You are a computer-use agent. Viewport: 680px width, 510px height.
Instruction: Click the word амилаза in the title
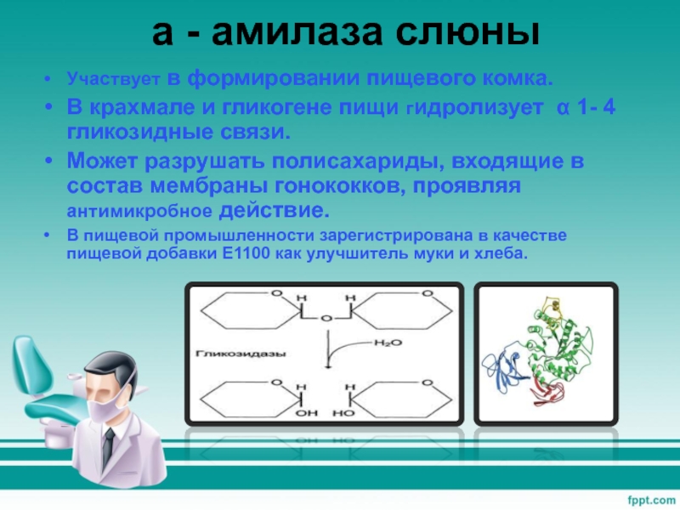[x=297, y=32]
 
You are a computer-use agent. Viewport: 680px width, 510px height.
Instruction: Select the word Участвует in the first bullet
[x=114, y=79]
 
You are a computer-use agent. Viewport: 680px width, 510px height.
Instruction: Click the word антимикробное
[x=139, y=211]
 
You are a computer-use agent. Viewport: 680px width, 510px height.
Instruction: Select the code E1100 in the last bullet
[x=246, y=253]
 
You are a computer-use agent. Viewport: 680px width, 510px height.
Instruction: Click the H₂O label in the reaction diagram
[x=388, y=343]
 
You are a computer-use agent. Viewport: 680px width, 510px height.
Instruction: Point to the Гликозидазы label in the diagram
[x=241, y=354]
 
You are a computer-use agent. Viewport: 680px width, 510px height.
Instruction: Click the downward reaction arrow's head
[x=328, y=365]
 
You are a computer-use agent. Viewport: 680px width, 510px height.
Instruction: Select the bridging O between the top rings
[x=326, y=320]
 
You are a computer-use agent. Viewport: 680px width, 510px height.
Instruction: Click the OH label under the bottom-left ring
[x=306, y=413]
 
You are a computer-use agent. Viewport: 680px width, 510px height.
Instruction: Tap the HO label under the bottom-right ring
[x=343, y=413]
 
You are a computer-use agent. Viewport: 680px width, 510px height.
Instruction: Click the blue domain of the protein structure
[x=503, y=367]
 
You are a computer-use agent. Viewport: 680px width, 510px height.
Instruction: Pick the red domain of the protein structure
[x=547, y=390]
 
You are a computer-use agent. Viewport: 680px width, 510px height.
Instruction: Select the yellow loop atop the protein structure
[x=554, y=309]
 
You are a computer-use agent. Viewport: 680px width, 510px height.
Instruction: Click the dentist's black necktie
[x=108, y=448]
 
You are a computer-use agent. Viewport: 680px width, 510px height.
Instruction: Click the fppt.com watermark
[x=651, y=500]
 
